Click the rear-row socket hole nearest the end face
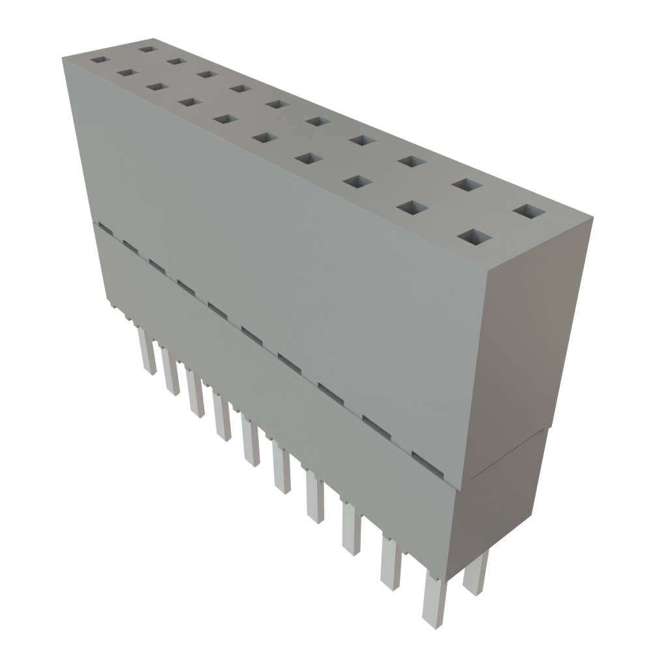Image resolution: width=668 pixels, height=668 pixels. (x=530, y=212)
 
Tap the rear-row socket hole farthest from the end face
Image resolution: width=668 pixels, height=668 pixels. (x=148, y=49)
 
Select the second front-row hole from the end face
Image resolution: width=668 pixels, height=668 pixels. (x=409, y=207)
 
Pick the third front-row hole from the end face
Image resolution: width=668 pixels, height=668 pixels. (x=354, y=181)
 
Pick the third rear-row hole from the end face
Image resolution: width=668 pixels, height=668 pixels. (x=408, y=161)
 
